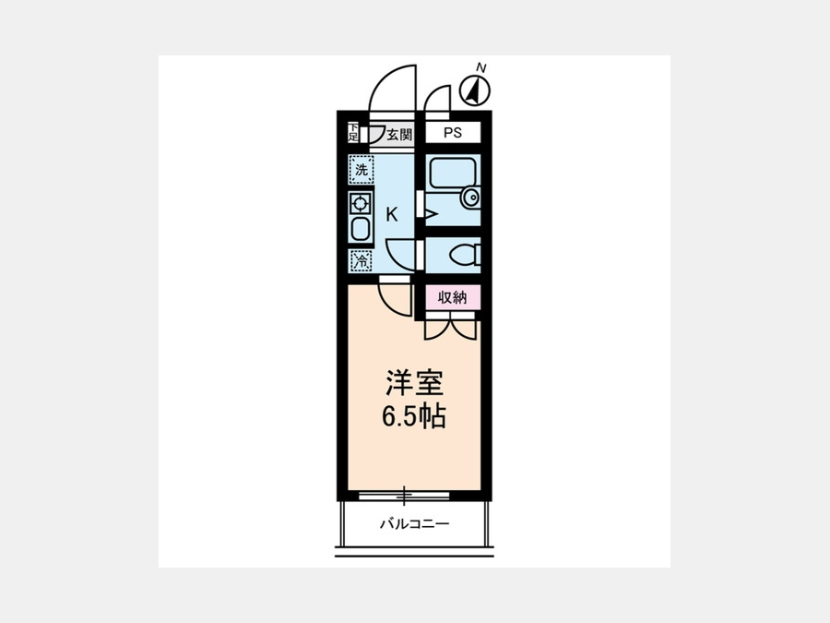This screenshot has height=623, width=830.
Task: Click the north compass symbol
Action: (475, 91)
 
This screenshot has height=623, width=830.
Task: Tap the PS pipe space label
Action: (453, 132)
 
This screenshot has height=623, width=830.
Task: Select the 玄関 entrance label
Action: (398, 134)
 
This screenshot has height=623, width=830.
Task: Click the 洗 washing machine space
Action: (362, 170)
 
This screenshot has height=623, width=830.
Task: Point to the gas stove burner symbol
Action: (361, 203)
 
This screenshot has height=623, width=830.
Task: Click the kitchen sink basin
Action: (361, 229)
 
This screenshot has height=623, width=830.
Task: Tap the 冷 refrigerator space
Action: (361, 260)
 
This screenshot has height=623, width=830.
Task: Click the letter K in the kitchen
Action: (392, 214)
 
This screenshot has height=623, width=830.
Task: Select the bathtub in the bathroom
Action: (453, 174)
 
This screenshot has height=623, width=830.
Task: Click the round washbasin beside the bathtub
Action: (470, 198)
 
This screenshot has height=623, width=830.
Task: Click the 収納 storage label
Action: (453, 298)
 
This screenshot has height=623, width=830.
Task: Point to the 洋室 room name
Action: (413, 384)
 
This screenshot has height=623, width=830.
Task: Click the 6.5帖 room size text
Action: (413, 416)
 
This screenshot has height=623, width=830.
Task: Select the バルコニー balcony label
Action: (414, 524)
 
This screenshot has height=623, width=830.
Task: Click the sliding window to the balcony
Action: (404, 496)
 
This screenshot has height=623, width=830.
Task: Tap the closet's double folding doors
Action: (450, 324)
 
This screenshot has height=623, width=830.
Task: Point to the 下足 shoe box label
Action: (352, 132)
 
